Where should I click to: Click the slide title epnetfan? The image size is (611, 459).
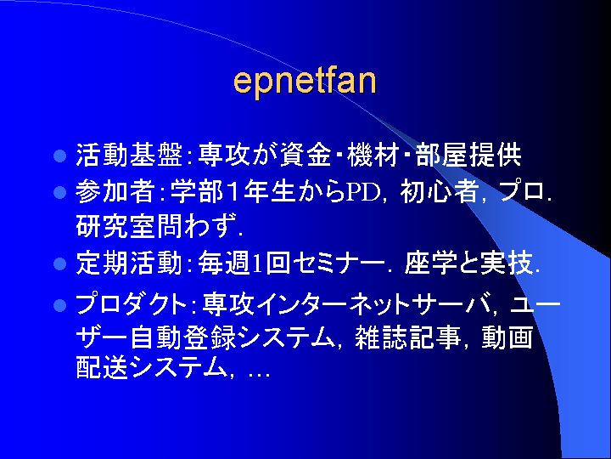click(x=305, y=82)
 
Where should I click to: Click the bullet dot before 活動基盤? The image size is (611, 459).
click(x=59, y=156)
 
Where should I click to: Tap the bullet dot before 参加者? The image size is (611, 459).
click(x=59, y=192)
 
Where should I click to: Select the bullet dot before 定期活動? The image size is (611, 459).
click(x=59, y=264)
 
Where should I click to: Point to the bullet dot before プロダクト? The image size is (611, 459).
click(x=59, y=305)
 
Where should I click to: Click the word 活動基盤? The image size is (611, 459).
click(x=129, y=156)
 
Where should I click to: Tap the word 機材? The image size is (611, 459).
click(x=373, y=156)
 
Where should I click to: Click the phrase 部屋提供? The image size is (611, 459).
click(x=468, y=156)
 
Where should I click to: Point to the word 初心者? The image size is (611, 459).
click(x=440, y=192)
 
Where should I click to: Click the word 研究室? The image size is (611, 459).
click(x=115, y=226)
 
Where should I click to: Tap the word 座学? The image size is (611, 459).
click(x=430, y=263)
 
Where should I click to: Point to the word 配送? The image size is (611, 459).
click(x=102, y=367)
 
